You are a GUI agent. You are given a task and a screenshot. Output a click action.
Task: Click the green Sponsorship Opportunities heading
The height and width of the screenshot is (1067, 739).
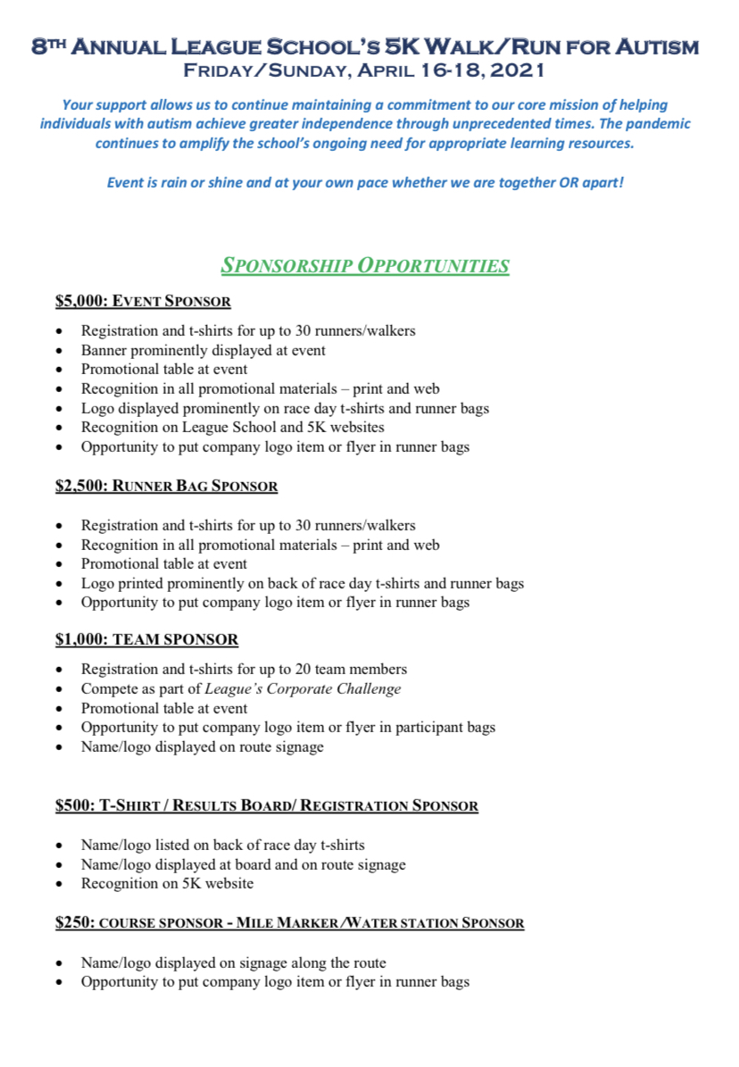tap(365, 265)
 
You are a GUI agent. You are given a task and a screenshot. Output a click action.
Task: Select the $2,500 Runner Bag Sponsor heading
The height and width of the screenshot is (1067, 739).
tap(166, 487)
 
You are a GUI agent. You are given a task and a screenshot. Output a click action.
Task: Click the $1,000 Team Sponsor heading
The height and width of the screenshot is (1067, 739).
tap(146, 640)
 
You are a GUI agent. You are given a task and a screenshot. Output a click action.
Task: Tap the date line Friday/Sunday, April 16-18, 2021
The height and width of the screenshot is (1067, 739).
tap(364, 70)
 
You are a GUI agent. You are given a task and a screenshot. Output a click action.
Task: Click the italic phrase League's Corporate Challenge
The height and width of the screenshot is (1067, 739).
tap(303, 689)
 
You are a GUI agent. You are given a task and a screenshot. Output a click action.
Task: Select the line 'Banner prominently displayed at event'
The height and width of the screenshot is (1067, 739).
tap(203, 350)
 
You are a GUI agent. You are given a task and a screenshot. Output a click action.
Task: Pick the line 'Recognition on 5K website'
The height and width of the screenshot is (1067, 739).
tap(167, 884)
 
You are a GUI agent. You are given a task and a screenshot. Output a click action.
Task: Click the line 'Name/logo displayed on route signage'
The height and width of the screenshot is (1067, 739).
tap(202, 747)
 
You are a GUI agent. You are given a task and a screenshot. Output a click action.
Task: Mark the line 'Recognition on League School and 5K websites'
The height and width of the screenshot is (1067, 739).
tap(232, 427)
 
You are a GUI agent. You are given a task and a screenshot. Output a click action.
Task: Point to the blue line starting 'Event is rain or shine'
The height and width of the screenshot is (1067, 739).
tap(365, 182)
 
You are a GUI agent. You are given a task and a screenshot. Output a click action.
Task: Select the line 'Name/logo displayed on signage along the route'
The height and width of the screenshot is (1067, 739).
tap(233, 963)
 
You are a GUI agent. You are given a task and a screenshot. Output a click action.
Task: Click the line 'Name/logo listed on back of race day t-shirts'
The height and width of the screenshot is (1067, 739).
tap(222, 845)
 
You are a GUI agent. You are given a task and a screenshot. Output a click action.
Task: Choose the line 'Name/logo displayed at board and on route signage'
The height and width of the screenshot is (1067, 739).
tap(243, 864)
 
